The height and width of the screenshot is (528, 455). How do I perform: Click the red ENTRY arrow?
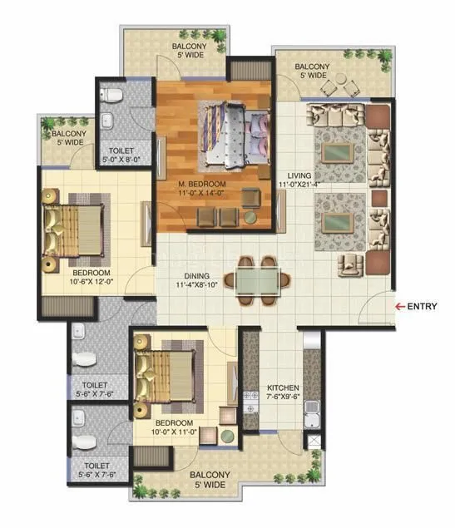(399, 307)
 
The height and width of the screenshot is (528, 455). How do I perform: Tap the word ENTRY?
(423, 307)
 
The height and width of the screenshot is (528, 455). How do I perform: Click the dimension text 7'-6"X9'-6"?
(283, 397)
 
